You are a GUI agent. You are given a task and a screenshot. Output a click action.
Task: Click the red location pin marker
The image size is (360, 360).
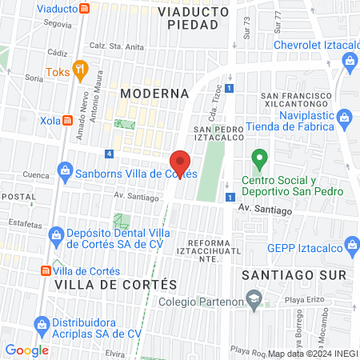click(181, 163)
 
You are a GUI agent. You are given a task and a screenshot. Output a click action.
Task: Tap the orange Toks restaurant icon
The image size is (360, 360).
click(78, 69)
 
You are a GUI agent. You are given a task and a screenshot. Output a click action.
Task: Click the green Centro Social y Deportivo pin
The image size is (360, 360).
click(258, 158)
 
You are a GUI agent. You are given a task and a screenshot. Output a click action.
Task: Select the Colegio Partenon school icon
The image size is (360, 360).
click(254, 302)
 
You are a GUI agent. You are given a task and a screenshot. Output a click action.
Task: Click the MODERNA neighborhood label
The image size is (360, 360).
click(154, 93)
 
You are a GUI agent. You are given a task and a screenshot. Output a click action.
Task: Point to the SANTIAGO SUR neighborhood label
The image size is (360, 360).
click(294, 274)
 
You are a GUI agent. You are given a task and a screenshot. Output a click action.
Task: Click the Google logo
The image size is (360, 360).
click(26, 350)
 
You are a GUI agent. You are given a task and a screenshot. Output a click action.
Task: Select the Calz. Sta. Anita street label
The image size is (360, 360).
click(116, 45)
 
